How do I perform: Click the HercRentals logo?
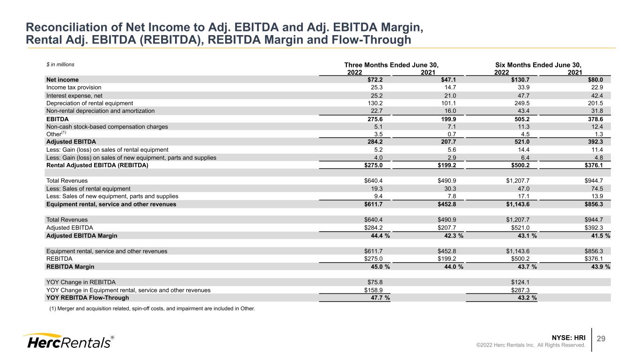pos(68,341)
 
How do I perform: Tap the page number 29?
pos(601,338)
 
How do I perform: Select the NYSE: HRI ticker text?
pos(568,338)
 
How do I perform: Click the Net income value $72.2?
pos(375,80)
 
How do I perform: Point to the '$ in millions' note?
pos(60,65)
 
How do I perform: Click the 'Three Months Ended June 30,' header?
pos(391,65)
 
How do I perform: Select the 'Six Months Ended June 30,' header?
pos(538,65)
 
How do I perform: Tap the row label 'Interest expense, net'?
pos(74,96)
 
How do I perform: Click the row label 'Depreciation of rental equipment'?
pos(89,103)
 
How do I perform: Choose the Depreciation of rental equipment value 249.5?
pos(522,103)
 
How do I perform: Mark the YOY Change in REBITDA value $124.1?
pos(520,282)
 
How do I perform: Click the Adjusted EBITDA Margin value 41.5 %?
pos(601,235)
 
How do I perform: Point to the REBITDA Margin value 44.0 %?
pos(454,267)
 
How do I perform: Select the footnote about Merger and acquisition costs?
pos(152,309)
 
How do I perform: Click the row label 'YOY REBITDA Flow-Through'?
pos(88,298)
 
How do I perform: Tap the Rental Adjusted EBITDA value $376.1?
pos(594,165)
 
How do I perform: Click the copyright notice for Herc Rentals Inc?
pos(530,345)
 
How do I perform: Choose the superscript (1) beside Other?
pos(64,132)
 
